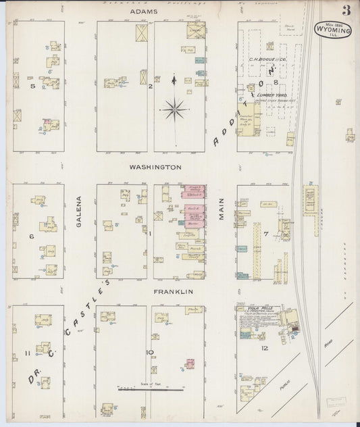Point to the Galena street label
[x=79, y=211]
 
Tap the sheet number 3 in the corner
[x=346, y=10]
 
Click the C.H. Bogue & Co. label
[x=268, y=59]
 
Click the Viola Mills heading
[x=249, y=307]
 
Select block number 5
[x=32, y=86]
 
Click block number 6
[x=31, y=236]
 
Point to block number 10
[x=151, y=352]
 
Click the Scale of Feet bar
[x=150, y=390]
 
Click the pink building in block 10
[x=190, y=363]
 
